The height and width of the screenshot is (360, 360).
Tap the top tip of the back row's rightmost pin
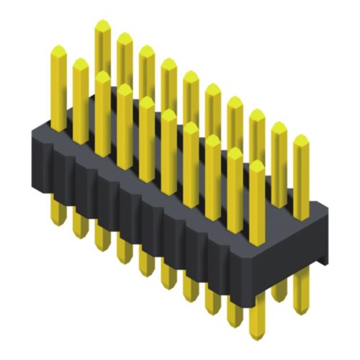tap(301, 136)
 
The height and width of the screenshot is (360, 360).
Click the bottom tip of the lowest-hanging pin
tap(257, 336)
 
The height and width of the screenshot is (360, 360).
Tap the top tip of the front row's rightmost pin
tap(257, 163)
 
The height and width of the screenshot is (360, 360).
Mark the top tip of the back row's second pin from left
tap(125, 35)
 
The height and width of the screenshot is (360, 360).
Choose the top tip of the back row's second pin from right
tap(279, 124)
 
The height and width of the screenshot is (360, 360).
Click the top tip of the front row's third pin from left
tap(102, 73)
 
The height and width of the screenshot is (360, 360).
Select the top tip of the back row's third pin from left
tap(146, 48)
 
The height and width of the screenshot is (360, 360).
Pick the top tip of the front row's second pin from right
tap(235, 150)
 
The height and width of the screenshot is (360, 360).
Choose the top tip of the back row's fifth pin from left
tap(191, 73)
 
